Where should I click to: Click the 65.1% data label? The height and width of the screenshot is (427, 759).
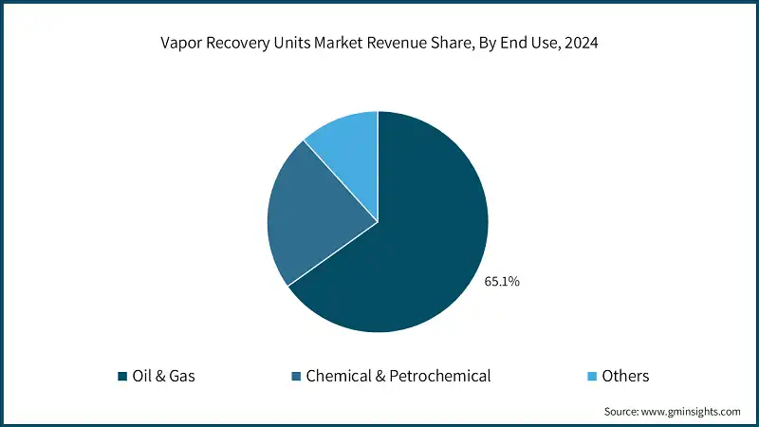coord(500,282)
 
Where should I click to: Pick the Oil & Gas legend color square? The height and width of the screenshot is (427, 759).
coord(122,377)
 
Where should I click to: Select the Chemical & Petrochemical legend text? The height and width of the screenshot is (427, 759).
coord(398,377)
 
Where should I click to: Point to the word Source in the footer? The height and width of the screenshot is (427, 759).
coord(622,412)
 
